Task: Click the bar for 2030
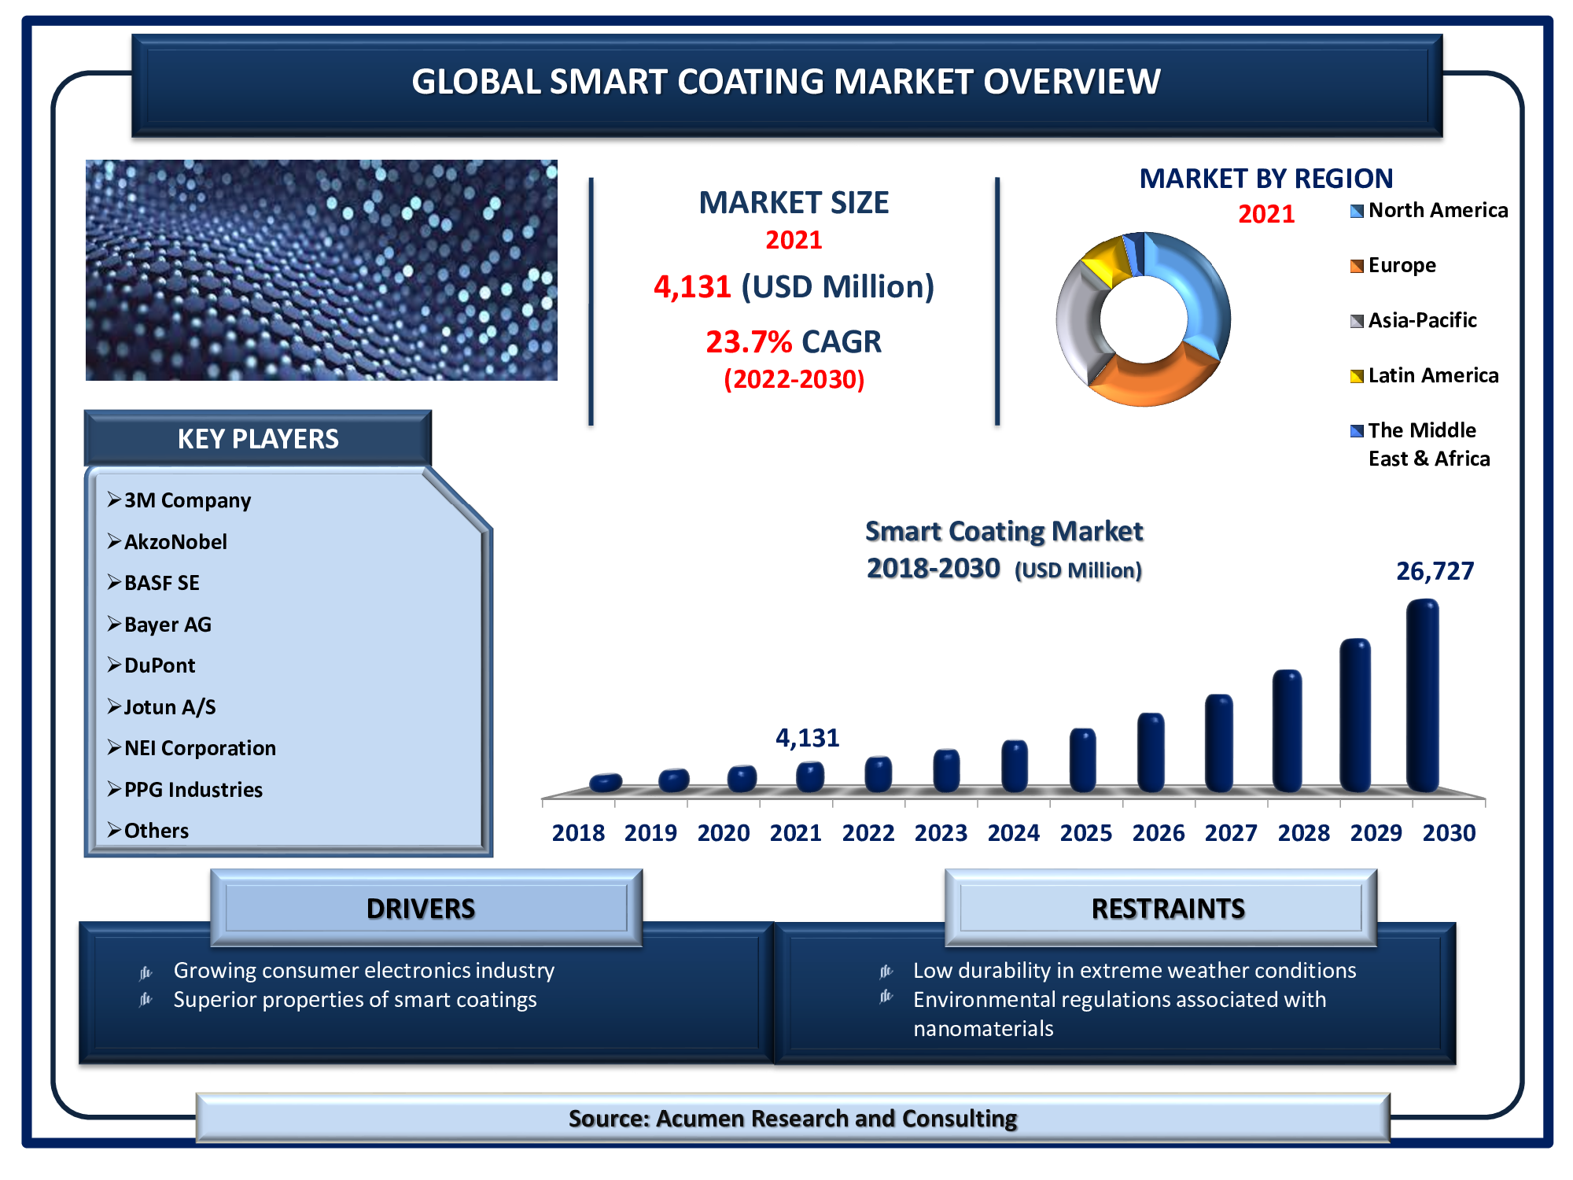(1422, 695)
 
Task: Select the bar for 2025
(1082, 760)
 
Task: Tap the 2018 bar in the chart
(606, 782)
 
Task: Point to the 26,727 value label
(1435, 571)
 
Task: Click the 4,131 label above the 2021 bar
(808, 738)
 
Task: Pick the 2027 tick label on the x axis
(1231, 833)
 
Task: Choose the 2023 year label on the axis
(941, 833)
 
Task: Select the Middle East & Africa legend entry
(1420, 444)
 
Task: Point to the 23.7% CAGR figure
(794, 342)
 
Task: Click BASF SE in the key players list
(161, 583)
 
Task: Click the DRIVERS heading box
(426, 908)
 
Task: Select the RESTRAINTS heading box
(1161, 908)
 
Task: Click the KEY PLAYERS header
(258, 438)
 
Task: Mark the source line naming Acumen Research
(793, 1118)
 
